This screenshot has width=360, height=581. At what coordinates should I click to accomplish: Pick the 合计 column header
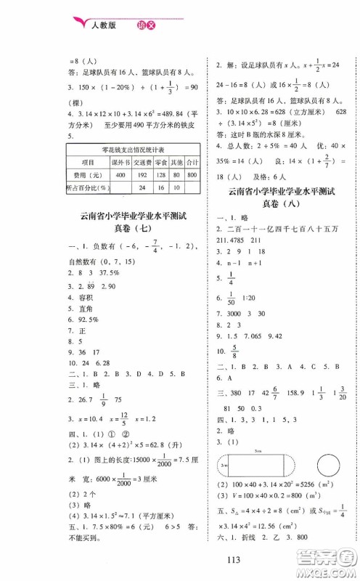click(192, 163)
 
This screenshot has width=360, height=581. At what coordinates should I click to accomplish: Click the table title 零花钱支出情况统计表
click(134, 150)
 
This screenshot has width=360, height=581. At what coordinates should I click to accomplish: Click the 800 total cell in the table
click(192, 175)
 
